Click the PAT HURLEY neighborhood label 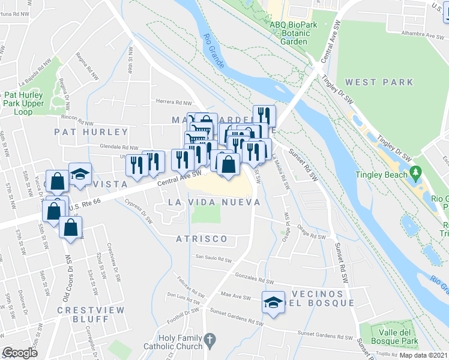pyautogui.click(x=91, y=132)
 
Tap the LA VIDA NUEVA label pyautogui.click(x=214, y=203)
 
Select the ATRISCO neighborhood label pyautogui.click(x=202, y=239)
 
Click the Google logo pyautogui.click(x=20, y=352)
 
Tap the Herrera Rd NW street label pyautogui.click(x=173, y=103)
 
